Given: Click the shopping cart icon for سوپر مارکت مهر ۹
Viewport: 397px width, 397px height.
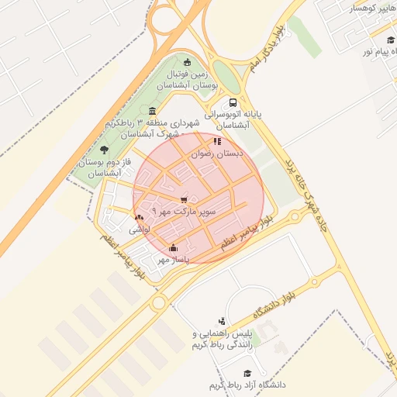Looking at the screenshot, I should click(x=184, y=199).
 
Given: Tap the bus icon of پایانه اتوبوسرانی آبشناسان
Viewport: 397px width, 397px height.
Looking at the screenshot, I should click(x=233, y=102).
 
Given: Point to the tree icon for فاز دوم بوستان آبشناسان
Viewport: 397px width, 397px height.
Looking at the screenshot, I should click(x=105, y=150).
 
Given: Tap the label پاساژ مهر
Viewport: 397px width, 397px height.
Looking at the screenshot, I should click(x=174, y=260).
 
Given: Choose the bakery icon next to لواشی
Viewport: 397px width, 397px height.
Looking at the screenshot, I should click(x=139, y=218).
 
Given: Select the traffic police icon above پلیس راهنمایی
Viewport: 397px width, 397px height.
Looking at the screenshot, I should click(x=223, y=320).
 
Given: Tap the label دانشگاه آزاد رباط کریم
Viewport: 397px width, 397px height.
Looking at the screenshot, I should click(x=247, y=385).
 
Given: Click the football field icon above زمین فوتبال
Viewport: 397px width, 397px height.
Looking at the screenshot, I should click(x=186, y=63).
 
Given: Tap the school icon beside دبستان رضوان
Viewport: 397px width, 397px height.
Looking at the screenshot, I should click(x=217, y=142).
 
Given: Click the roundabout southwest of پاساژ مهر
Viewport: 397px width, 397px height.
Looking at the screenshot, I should click(x=160, y=302).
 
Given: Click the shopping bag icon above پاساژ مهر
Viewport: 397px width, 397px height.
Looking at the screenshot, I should click(x=173, y=249).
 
